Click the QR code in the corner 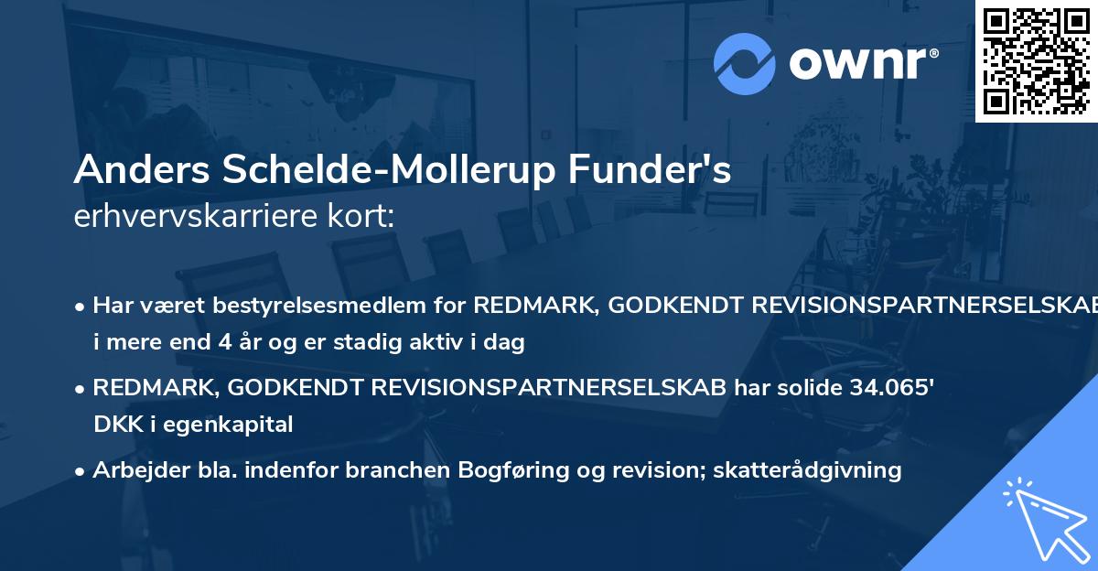coord(1036,60)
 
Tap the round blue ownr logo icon coord(745,63)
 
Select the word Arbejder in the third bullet coord(132,469)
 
